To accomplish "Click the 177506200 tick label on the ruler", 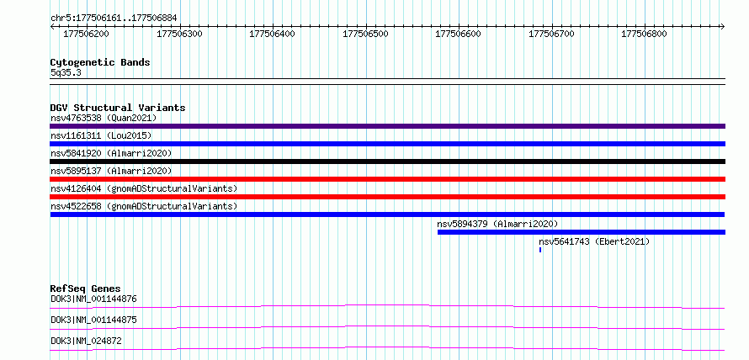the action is pos(86,34).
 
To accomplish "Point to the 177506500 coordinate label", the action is pos(366,34).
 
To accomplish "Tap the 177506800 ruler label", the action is pos(645,34).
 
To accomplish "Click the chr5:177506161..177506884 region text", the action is pos(114,19).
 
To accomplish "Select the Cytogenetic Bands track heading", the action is pos(100,62).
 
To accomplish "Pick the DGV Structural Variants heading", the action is pos(118,108).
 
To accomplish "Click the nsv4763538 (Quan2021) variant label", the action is pos(104,118).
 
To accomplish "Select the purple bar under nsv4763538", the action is pos(388,126).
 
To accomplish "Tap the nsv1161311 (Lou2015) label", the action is pos(101,135).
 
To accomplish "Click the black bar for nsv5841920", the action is pos(388,161).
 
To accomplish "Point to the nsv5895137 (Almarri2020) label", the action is pos(111,171).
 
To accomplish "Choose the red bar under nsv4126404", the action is pos(388,197).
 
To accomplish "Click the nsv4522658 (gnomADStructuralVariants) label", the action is pos(144,206).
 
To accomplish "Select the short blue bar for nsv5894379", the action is pos(582,232).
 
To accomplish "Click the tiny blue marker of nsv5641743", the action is pos(540,250).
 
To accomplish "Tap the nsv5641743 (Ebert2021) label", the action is pos(594,241).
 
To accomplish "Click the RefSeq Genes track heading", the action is pos(86,289).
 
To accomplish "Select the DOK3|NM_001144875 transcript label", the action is pos(93,320).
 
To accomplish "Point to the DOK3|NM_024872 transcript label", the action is pos(86,341).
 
